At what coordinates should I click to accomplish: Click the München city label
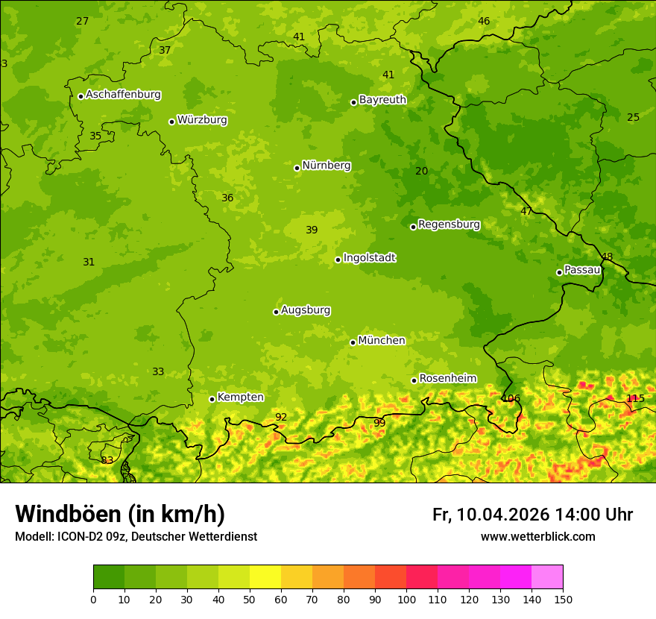point(382,341)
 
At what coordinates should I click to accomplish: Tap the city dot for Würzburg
point(171,122)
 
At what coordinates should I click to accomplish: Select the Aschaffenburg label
point(123,95)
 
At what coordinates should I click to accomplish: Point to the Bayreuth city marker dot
point(353,102)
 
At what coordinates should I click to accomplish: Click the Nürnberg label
point(327,166)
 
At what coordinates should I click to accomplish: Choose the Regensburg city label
point(449,224)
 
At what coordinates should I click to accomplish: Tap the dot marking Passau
point(559,272)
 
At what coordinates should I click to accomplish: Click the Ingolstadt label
point(369,258)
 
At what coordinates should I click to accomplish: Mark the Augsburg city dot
point(276,312)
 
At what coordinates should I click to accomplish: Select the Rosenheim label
point(447,379)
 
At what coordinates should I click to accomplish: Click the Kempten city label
point(240,398)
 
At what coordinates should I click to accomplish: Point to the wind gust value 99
point(379,423)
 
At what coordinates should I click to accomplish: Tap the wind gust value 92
point(281,418)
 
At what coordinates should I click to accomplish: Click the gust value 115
point(635,398)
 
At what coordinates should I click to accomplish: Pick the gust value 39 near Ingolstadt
point(312,230)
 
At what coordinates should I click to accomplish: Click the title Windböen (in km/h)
point(120,514)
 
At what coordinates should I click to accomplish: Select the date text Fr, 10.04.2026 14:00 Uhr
point(532,515)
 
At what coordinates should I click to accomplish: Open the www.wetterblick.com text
point(537,537)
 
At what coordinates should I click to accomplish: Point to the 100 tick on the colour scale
point(406,599)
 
